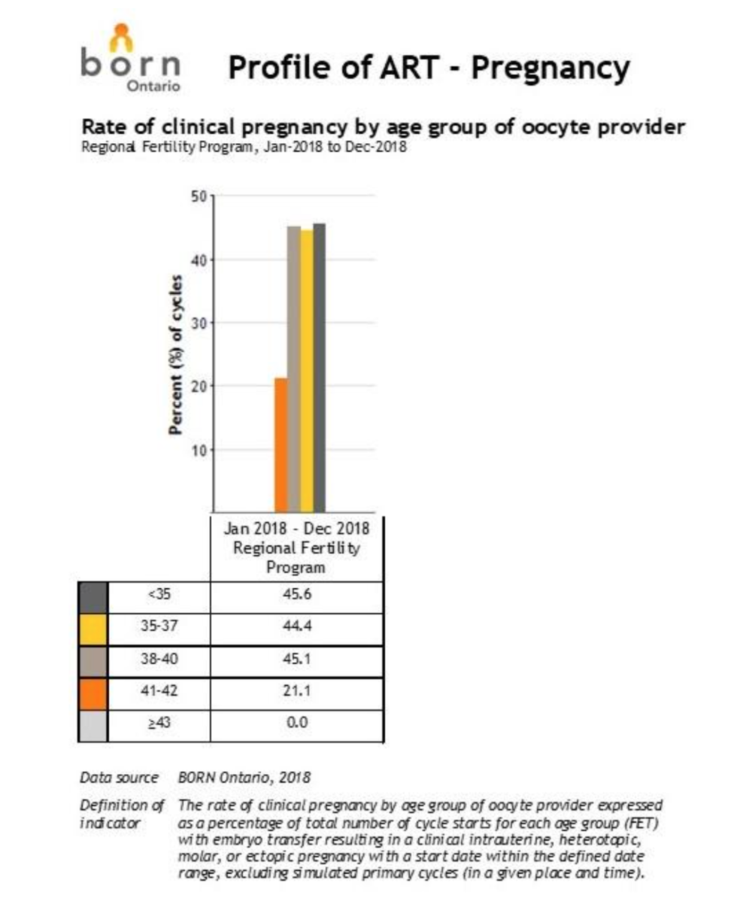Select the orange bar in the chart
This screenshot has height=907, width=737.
[281, 444]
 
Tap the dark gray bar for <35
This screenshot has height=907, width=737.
[320, 367]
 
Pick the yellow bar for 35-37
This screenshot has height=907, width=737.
[307, 371]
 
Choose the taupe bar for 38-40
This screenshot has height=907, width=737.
[294, 369]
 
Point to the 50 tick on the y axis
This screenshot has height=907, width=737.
[200, 196]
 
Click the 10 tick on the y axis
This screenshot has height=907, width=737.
[200, 450]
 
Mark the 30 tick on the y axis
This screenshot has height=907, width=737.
[200, 323]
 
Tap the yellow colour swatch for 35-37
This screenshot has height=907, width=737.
[94, 629]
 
